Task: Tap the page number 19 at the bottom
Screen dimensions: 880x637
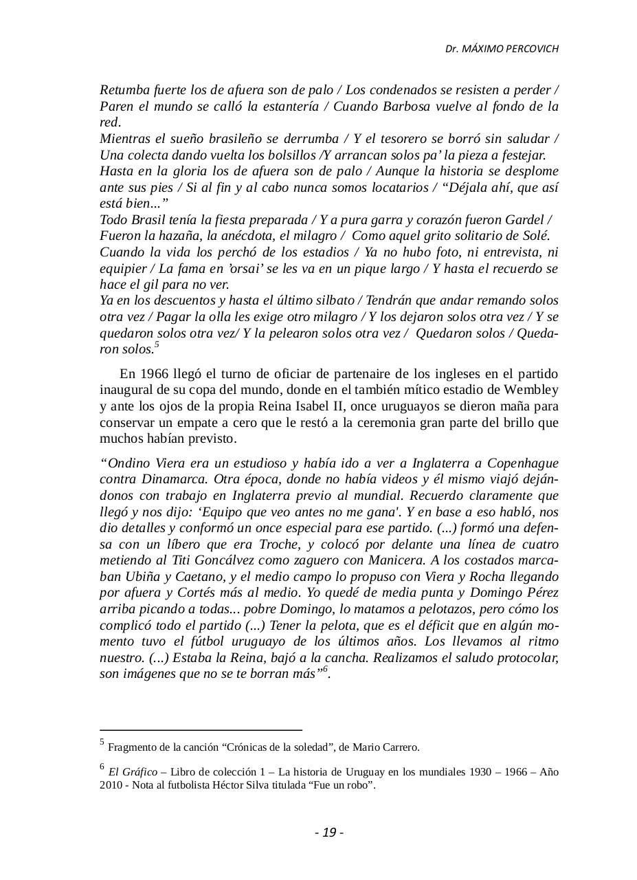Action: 329,833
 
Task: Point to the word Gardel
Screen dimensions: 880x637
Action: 524,220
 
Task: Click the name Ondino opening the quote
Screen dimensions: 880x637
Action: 126,463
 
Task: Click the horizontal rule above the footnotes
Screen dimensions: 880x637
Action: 201,729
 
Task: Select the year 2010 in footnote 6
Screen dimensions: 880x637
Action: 112,785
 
